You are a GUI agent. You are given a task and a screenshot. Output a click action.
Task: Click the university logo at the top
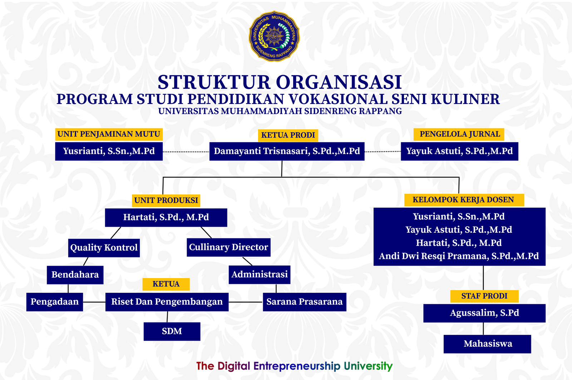click(274, 36)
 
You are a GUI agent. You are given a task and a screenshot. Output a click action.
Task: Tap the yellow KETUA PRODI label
click(288, 135)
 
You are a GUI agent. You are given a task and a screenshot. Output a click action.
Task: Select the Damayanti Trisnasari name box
click(287, 151)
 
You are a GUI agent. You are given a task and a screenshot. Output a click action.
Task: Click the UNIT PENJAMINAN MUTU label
click(109, 134)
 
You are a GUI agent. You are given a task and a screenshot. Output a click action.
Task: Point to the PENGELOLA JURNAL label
click(459, 134)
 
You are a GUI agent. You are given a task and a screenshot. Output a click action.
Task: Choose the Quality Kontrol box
click(104, 248)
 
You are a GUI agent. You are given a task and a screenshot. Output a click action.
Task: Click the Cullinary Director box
click(228, 247)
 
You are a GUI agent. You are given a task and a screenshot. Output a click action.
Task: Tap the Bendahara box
click(75, 275)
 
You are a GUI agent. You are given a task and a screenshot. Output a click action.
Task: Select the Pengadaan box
click(54, 302)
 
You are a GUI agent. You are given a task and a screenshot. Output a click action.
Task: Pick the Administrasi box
click(259, 275)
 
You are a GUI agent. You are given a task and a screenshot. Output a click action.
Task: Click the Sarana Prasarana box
click(304, 302)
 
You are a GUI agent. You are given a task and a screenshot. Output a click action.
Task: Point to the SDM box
click(172, 331)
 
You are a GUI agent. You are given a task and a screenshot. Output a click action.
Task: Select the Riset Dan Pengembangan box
click(167, 302)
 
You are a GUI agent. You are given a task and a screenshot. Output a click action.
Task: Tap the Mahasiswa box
click(488, 344)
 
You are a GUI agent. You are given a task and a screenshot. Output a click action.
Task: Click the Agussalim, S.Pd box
click(484, 313)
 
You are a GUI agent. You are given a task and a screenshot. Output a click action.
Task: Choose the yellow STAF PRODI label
click(484, 296)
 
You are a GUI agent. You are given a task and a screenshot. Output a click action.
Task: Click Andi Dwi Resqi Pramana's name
click(459, 256)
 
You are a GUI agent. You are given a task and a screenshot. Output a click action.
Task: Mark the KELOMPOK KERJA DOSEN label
click(463, 200)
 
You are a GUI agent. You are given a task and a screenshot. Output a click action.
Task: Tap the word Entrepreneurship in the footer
click(297, 366)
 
